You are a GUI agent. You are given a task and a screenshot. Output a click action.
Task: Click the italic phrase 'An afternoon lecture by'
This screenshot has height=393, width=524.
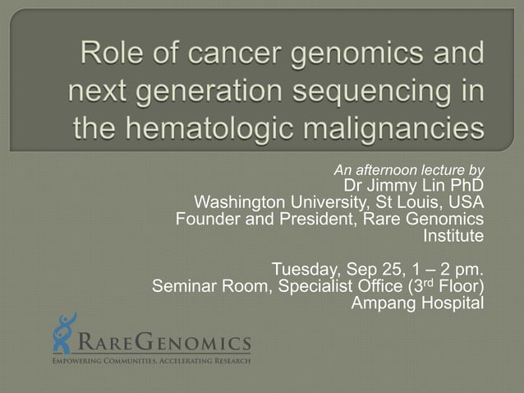[408, 170]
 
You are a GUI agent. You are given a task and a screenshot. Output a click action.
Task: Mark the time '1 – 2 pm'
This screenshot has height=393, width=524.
[449, 270]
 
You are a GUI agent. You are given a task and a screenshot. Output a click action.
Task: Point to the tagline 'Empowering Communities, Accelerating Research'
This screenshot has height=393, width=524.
[151, 360]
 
